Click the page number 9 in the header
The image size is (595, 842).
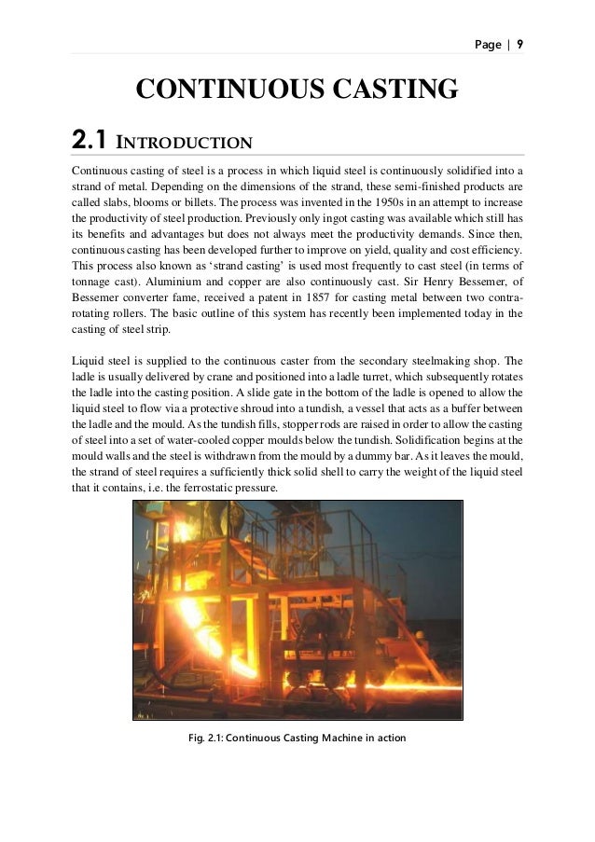point(520,44)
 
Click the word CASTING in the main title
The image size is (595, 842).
point(391,90)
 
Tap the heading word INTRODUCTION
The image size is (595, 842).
point(184,144)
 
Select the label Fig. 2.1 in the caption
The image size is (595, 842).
point(205,741)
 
